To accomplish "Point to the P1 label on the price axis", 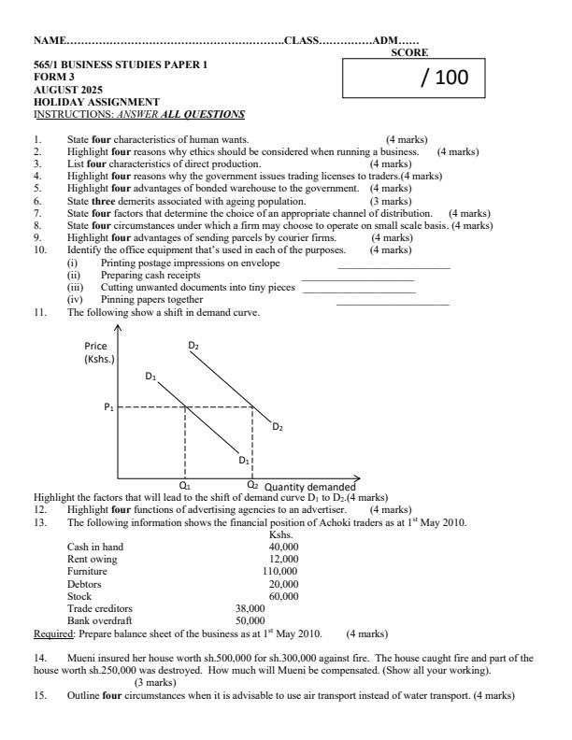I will click(x=108, y=407).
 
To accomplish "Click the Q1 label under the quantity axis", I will click(x=185, y=486).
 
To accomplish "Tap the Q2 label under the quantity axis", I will click(x=252, y=485).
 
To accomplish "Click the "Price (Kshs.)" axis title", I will click(x=98, y=352).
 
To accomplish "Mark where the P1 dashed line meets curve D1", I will click(x=185, y=407).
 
